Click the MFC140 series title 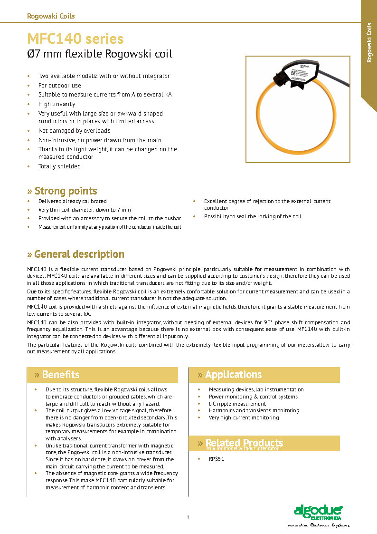coord(75,39)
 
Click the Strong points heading coord(66,191)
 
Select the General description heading coord(79,254)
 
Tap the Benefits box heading coord(61,375)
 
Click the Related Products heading coord(244,443)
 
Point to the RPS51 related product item coord(217,459)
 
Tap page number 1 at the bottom coord(188,518)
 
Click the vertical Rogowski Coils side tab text coord(369,42)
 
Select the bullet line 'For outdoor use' coord(60,86)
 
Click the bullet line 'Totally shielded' coord(59,166)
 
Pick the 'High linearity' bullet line coord(57,104)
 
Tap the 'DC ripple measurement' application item coord(237,404)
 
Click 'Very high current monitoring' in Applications coord(244,417)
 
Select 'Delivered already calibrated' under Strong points coord(72,201)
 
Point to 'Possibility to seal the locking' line coord(253,216)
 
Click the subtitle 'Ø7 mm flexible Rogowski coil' coord(100,54)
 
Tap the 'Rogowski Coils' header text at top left coord(51,16)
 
